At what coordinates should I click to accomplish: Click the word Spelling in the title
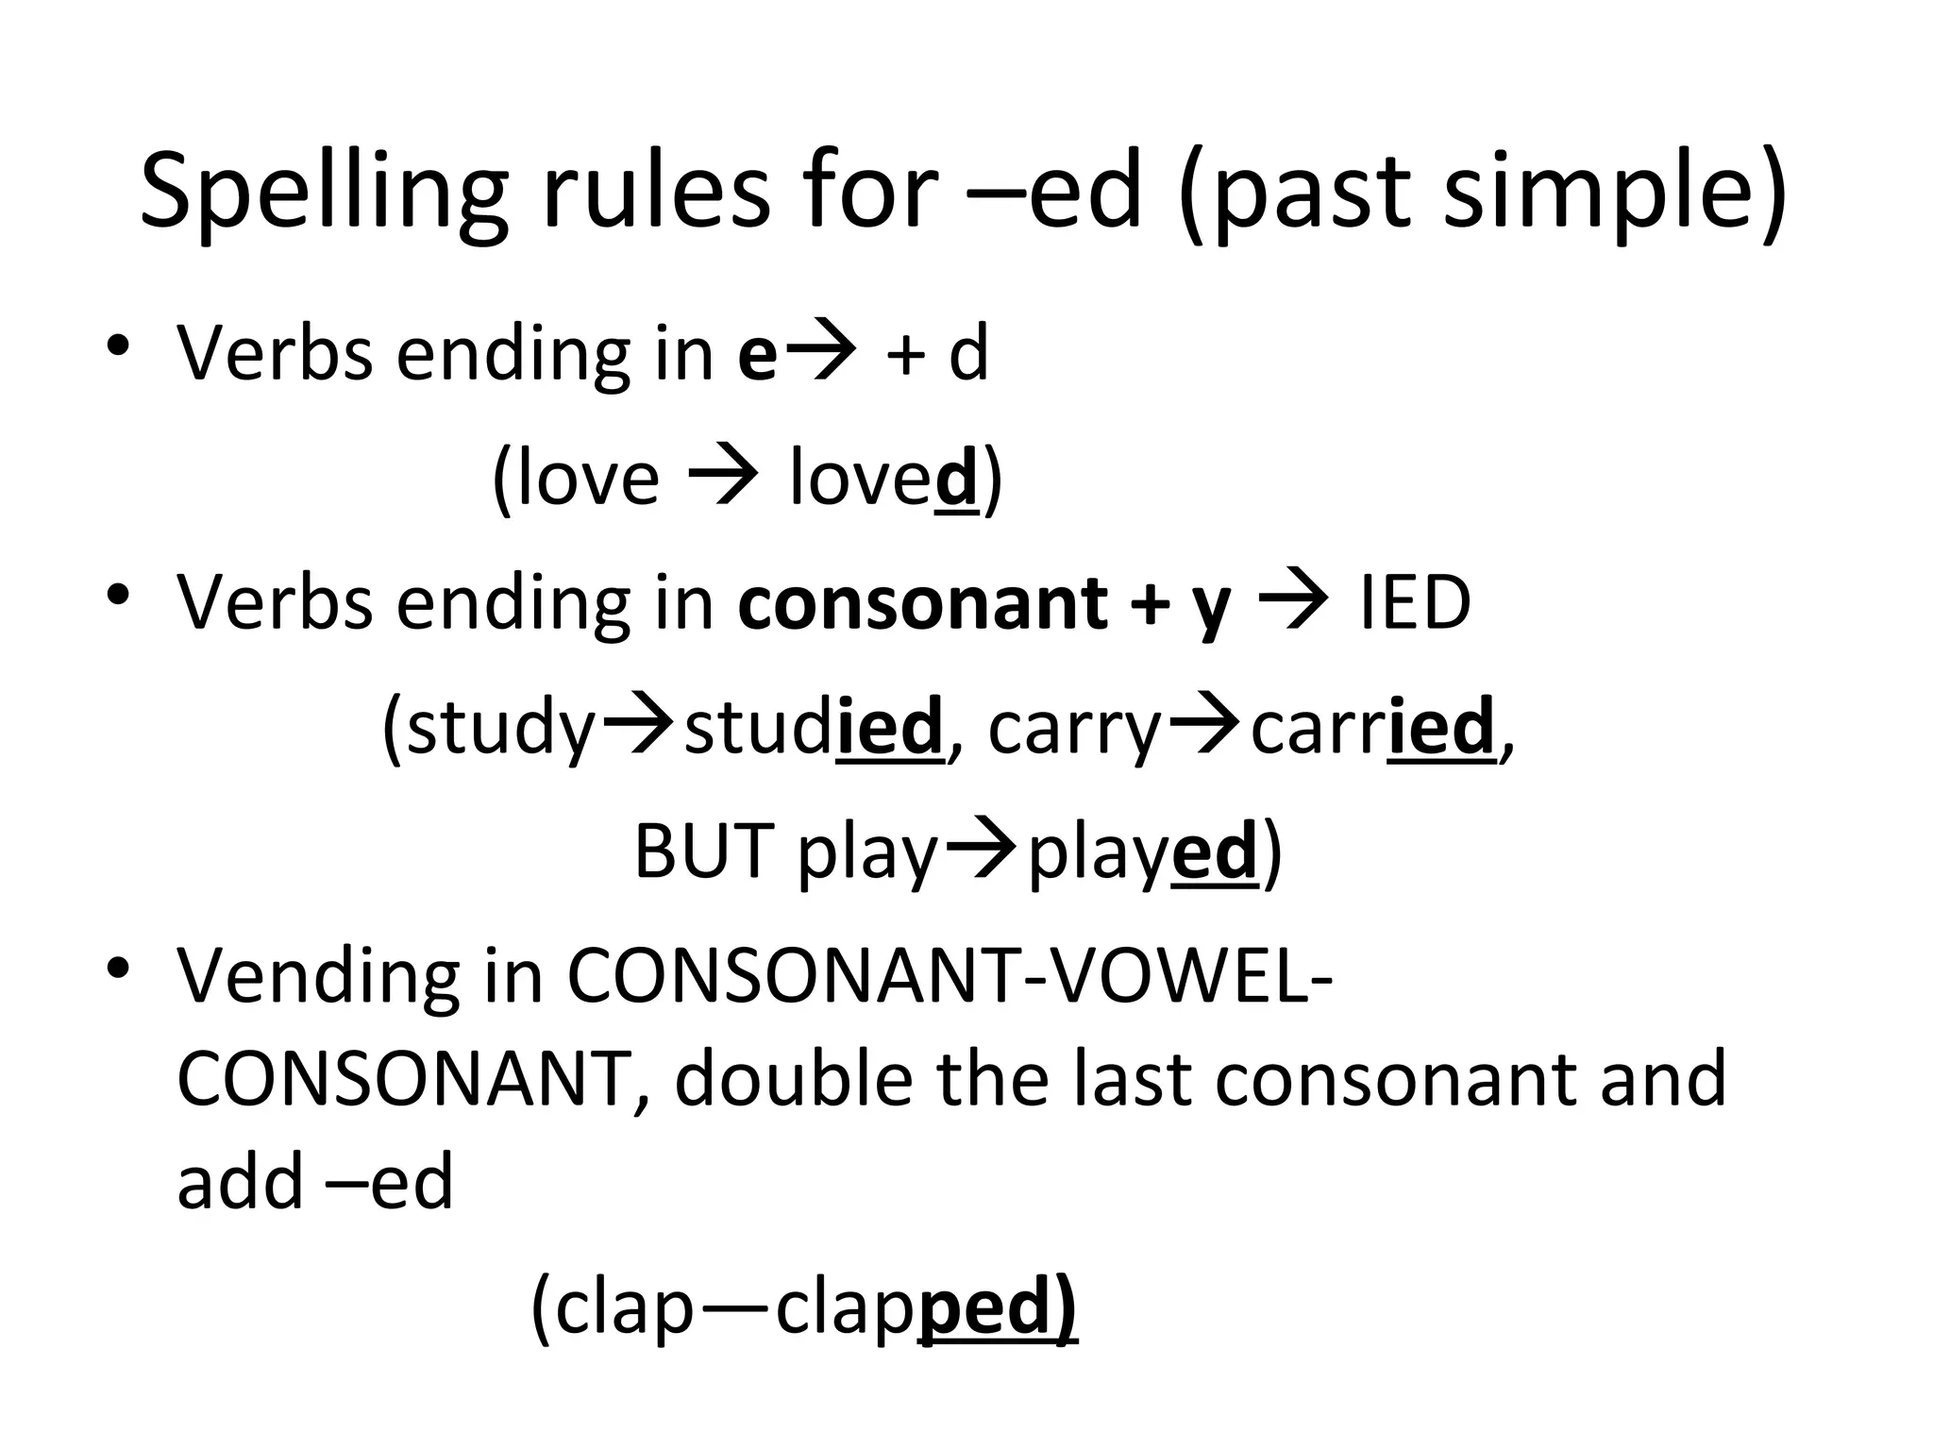tap(324, 194)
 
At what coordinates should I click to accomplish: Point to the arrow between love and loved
tap(723, 478)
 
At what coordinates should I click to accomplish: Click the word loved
tap(882, 478)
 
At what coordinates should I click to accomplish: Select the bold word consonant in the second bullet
tap(923, 603)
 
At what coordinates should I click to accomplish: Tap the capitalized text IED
tap(1414, 603)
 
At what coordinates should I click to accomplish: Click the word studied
tap(813, 728)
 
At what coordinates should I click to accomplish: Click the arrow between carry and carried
tap(1204, 726)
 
